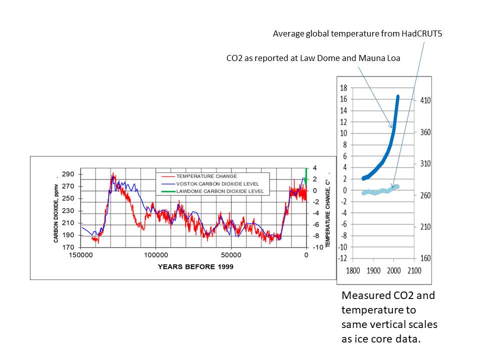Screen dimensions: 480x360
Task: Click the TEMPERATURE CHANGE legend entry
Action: [199, 176]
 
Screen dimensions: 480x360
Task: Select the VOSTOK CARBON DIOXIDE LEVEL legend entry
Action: [210, 184]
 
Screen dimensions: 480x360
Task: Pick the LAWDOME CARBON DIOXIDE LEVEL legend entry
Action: [212, 191]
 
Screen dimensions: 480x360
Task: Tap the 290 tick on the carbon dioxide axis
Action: [68, 174]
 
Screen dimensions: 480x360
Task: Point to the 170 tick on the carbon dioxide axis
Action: [68, 247]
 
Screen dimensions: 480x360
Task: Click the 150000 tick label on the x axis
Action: [81, 255]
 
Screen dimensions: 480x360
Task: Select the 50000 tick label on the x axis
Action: [231, 255]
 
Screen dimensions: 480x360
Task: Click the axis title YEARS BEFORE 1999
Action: [195, 266]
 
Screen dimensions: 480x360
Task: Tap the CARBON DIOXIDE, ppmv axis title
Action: [55, 213]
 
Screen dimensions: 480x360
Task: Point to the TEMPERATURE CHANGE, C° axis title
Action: [328, 213]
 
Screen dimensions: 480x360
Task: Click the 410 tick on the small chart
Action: [425, 100]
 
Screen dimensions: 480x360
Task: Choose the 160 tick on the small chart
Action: [425, 258]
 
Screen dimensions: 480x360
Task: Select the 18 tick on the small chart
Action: [343, 88]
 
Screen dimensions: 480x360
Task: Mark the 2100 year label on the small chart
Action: [414, 270]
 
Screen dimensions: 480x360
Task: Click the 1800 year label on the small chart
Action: [352, 270]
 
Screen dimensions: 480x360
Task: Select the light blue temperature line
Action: [380, 190]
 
